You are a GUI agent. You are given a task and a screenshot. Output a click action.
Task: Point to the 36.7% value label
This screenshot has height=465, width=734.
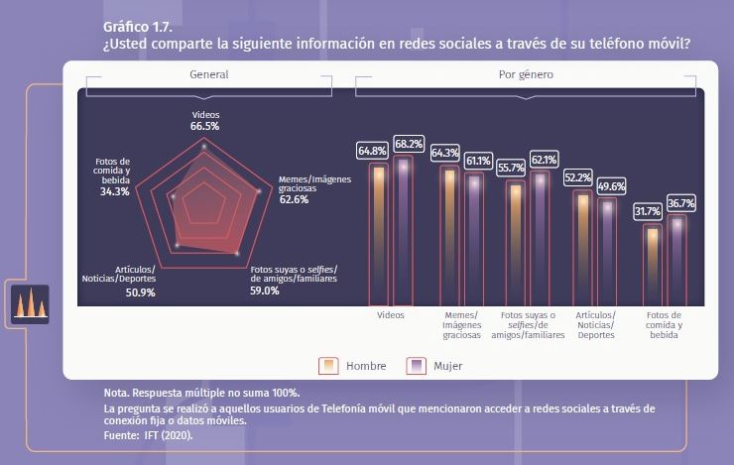point(681,202)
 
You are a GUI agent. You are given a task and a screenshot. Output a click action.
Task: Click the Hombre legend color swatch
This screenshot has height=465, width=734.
point(328,366)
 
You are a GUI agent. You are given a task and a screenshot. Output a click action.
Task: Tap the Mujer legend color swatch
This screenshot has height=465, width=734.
point(417,366)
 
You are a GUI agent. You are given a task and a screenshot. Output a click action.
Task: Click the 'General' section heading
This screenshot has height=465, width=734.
point(208,74)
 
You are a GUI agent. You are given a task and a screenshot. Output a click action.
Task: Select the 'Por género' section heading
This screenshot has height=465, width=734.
point(526,74)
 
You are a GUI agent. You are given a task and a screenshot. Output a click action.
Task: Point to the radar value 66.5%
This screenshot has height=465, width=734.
point(205,127)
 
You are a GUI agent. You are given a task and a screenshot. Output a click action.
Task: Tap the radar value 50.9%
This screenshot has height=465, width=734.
point(140,292)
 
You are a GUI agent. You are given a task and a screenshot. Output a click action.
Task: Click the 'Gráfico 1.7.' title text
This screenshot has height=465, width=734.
point(130,26)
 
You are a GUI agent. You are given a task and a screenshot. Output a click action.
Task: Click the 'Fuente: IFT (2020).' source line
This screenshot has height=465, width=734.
point(148,434)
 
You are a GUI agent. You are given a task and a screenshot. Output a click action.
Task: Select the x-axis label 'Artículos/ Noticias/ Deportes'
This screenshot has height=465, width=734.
point(595,325)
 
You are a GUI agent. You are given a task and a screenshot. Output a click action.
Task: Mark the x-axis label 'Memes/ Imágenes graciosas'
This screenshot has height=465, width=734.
point(461,325)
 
